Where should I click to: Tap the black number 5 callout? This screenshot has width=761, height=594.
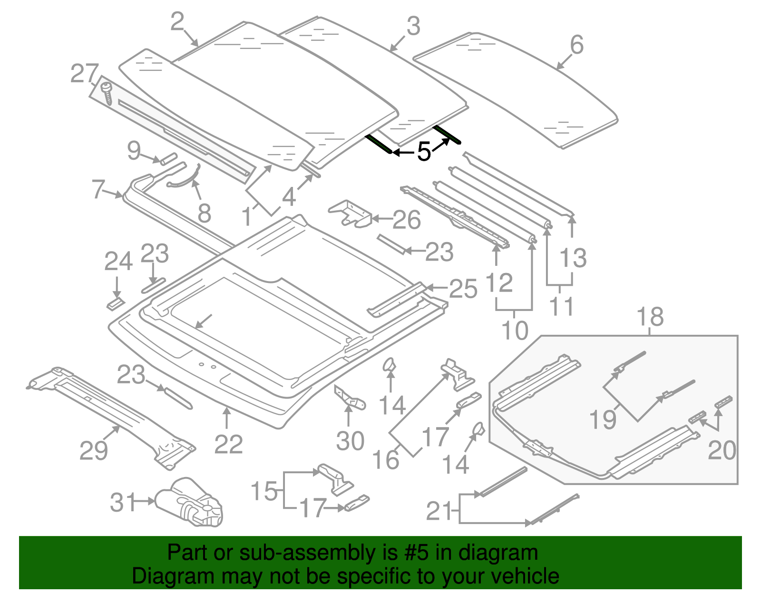[423, 152]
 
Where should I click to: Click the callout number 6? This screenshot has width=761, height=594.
[576, 45]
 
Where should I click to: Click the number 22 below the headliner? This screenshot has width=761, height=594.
[228, 445]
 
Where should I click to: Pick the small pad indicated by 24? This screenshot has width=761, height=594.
[115, 303]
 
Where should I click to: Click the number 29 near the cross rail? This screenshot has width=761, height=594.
[93, 450]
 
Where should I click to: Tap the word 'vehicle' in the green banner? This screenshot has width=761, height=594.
[525, 576]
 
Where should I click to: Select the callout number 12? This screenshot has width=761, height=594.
[499, 283]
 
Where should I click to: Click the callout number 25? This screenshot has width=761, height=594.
[463, 289]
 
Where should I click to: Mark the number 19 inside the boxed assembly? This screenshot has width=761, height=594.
[603, 419]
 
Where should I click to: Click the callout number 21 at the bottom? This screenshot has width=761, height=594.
[439, 511]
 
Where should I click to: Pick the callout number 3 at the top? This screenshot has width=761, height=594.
[413, 26]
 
